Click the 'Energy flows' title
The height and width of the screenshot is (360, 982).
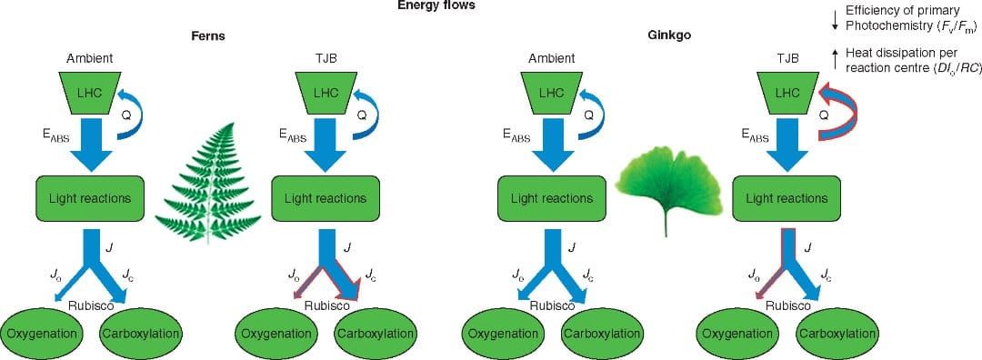tap(436, 5)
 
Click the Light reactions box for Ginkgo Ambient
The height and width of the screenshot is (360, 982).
tap(551, 198)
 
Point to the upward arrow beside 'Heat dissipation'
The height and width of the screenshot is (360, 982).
tap(835, 60)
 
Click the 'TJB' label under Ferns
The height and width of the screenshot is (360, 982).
tap(325, 59)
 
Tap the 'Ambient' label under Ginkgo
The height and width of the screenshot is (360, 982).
tap(552, 59)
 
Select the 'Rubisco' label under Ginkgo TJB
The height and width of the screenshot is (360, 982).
tap(788, 305)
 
